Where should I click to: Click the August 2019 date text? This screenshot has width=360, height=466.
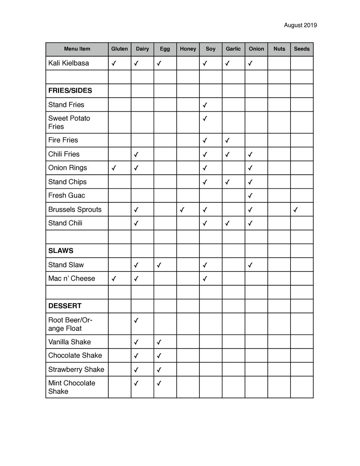(x=300, y=25)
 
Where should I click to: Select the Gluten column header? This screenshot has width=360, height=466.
(x=120, y=49)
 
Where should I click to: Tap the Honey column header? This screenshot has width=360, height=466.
(x=188, y=49)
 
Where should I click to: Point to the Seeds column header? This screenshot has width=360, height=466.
(x=302, y=49)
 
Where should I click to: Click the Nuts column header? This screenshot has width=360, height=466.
(x=279, y=49)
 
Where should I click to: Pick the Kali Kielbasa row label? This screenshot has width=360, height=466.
(x=68, y=63)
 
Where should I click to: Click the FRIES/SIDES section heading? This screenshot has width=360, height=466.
(x=70, y=91)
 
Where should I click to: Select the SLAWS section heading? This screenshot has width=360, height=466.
(x=60, y=251)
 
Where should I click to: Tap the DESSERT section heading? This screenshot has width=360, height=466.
(x=65, y=306)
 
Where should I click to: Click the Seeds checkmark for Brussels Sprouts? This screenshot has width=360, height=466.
(x=296, y=210)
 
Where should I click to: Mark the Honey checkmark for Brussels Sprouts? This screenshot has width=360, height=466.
(x=182, y=210)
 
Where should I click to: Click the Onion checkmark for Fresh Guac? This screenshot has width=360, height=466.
(x=250, y=196)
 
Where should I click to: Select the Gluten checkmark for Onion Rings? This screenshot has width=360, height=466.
(x=114, y=168)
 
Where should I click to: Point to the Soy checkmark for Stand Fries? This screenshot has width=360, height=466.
(x=205, y=105)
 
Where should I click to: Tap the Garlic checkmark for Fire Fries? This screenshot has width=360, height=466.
(x=228, y=140)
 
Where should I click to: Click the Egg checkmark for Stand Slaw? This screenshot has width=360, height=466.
(x=159, y=265)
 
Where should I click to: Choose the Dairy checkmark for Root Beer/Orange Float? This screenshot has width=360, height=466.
(x=136, y=320)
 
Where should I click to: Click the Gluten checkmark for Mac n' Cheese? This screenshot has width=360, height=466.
(x=114, y=279)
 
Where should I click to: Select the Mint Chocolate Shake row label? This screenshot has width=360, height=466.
(x=72, y=387)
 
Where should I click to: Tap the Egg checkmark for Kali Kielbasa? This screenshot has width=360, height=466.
(x=159, y=63)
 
